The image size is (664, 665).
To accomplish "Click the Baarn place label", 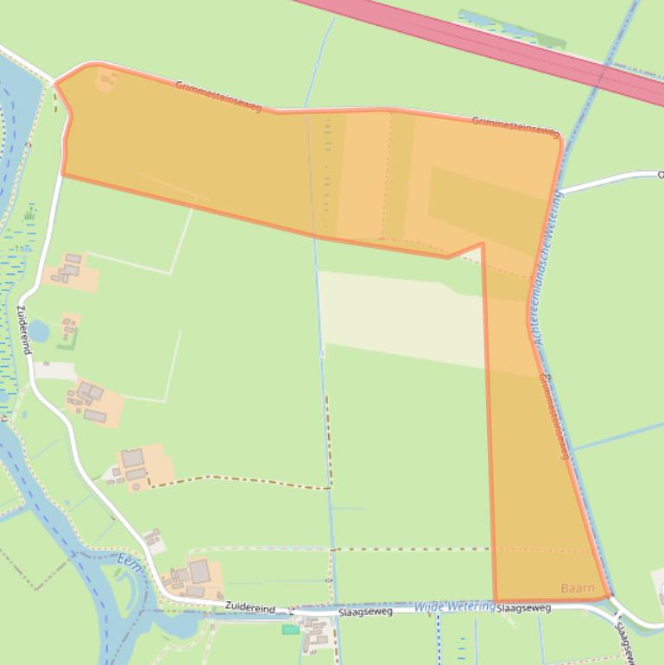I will click(578, 588).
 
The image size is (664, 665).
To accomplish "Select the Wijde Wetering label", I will click(454, 607).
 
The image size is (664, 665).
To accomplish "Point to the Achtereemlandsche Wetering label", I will click(549, 269).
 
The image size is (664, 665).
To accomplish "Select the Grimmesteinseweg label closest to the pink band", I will click(515, 126).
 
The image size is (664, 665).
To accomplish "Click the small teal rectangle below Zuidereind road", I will click(290, 629).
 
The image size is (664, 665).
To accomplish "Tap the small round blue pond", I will click(41, 330).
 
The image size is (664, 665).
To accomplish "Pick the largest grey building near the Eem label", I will click(199, 572).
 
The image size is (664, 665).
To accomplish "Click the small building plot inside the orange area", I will click(106, 80).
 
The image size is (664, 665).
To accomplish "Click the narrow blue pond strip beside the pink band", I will click(509, 28).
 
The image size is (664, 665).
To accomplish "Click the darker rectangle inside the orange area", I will click(488, 207).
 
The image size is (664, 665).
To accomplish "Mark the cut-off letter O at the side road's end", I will click(661, 174).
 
